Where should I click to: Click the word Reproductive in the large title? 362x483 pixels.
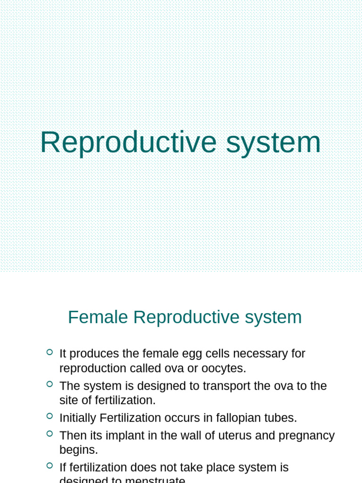point(130,142)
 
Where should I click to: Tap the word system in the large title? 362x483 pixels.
point(273,142)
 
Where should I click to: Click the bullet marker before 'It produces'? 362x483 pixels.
point(49,352)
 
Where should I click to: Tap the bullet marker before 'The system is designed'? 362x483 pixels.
point(49,384)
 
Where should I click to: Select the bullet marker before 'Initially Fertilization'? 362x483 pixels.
point(49,416)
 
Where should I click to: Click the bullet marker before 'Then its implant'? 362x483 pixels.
point(49,433)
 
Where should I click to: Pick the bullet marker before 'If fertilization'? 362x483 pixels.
point(49,466)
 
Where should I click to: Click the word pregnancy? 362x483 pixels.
point(307,435)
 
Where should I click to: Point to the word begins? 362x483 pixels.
point(78,450)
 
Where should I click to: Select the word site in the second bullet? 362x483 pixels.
point(67,400)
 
